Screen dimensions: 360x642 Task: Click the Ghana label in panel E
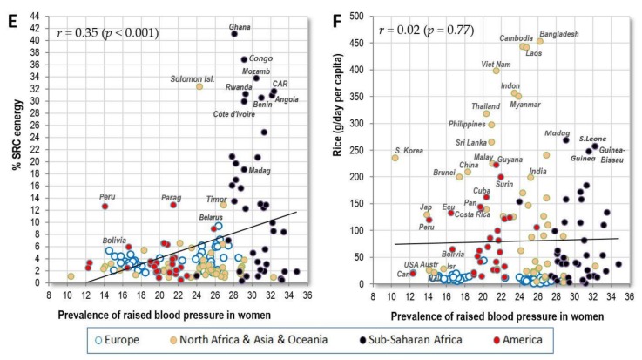pos(240,27)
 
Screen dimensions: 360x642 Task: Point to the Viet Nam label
pos(472,65)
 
